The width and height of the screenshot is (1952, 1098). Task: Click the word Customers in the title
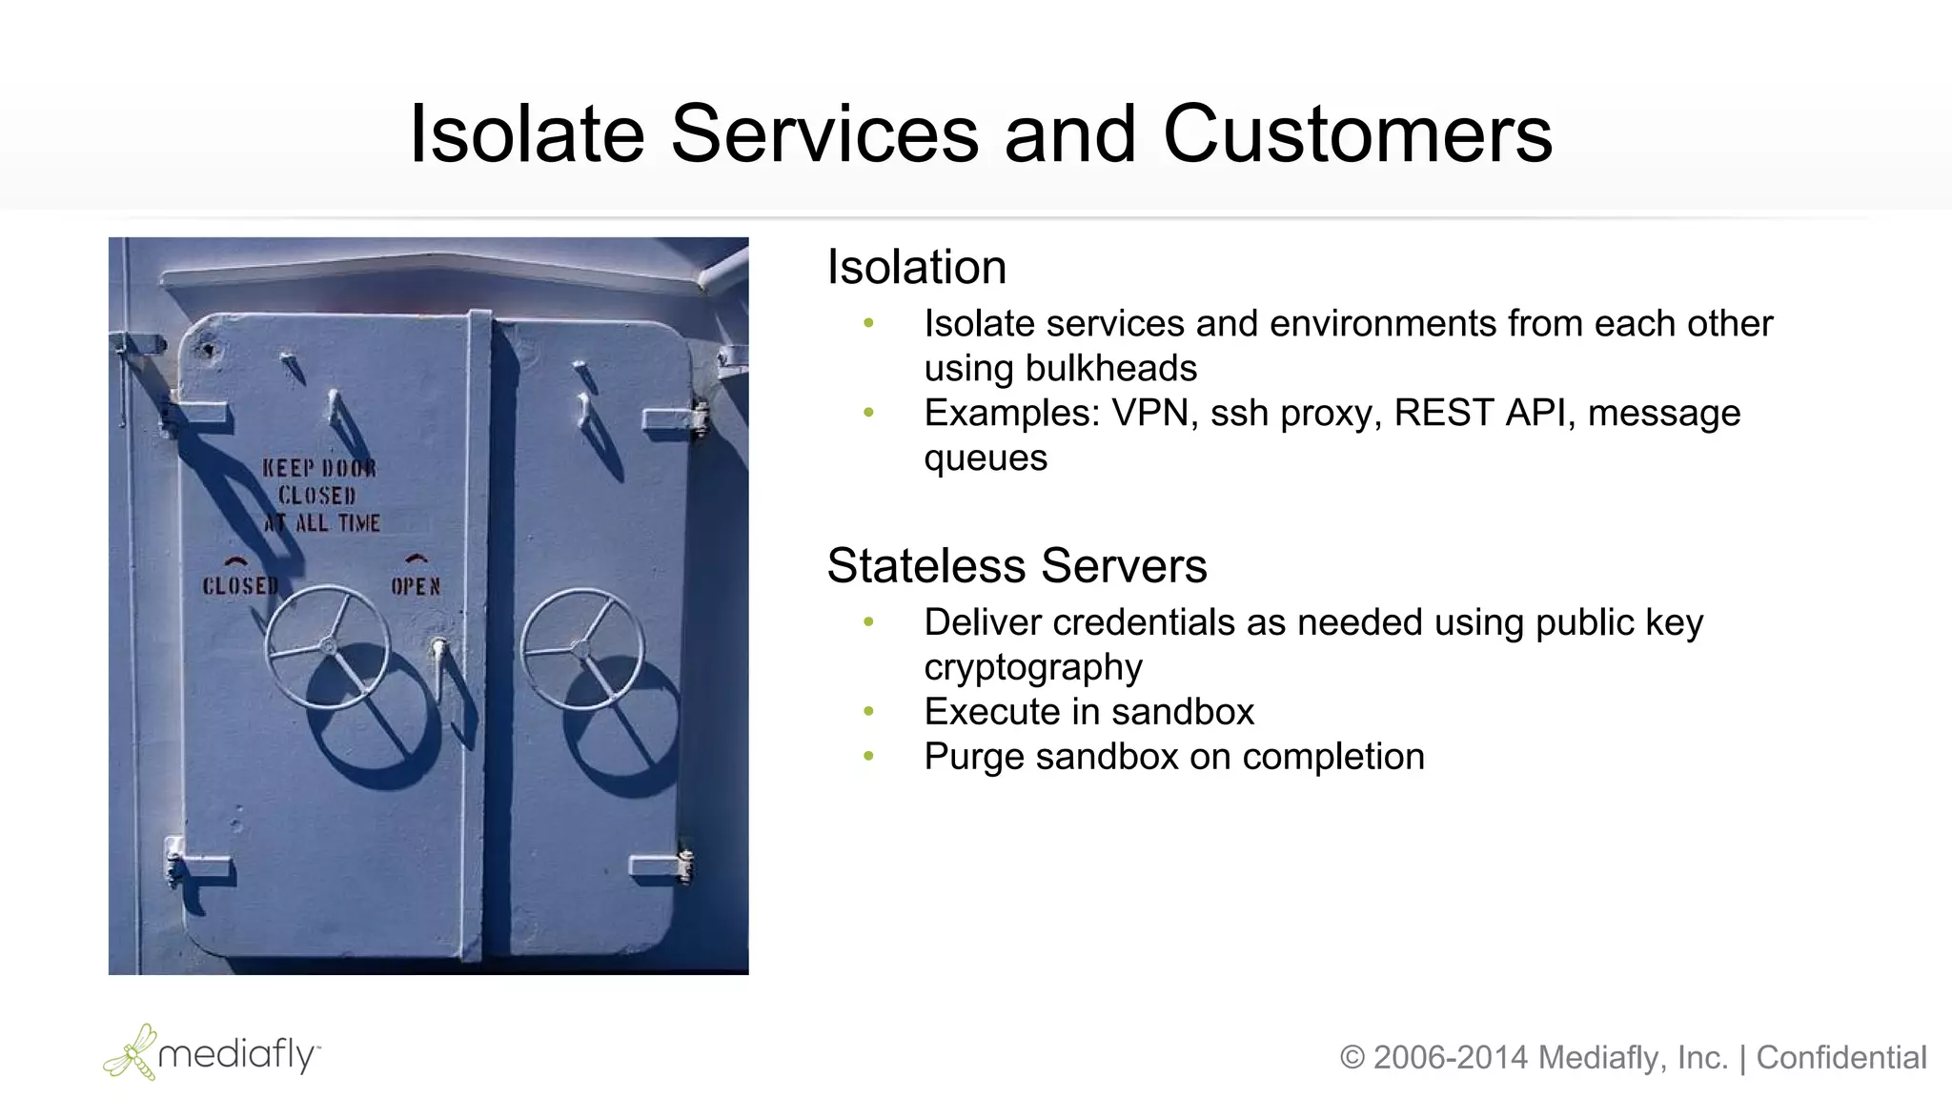click(x=1357, y=134)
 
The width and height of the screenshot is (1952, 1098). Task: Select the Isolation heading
click(x=916, y=267)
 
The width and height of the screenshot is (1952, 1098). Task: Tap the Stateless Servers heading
click(x=1016, y=565)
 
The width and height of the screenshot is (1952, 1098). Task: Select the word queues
click(x=986, y=458)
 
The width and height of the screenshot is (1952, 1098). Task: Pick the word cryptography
click(x=1033, y=667)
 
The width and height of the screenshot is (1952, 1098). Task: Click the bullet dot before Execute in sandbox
click(x=868, y=712)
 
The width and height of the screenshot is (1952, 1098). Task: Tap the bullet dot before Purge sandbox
click(x=868, y=757)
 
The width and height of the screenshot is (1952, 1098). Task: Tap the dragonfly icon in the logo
click(x=132, y=1052)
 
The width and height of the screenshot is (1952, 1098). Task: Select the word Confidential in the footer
click(x=1841, y=1058)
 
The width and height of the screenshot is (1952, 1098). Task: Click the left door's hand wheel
click(x=327, y=646)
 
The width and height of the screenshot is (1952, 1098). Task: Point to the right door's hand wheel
click(x=581, y=649)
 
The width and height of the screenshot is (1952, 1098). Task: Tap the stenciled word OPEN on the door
click(x=416, y=586)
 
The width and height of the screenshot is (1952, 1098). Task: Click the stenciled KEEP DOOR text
click(x=319, y=468)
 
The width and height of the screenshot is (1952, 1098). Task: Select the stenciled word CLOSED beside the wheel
click(x=240, y=585)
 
